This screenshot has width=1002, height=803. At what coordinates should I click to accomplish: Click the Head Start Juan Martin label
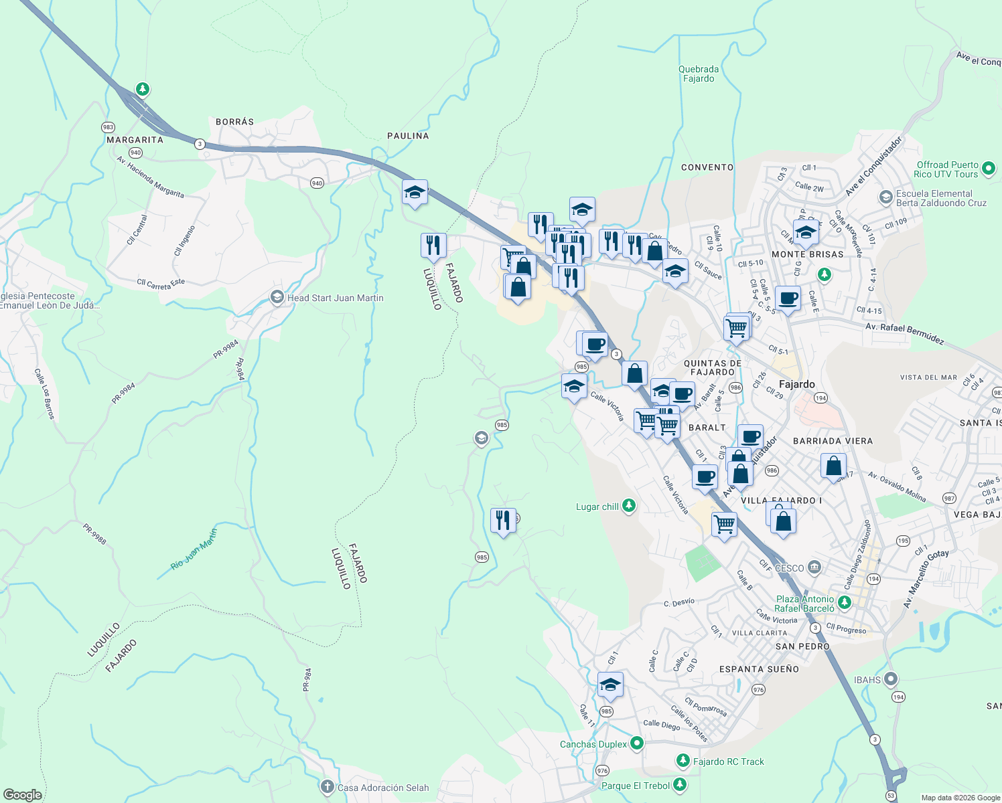pos(335,298)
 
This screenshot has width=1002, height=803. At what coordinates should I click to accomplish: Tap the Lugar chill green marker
pos(628,506)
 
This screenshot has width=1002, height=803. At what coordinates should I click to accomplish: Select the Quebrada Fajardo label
pos(699,74)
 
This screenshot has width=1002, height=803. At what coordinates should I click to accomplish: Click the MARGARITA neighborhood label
pos(135,140)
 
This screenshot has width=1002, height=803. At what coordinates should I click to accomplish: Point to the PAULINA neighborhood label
pos(408,136)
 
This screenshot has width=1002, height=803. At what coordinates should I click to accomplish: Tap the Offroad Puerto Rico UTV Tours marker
pos(989,168)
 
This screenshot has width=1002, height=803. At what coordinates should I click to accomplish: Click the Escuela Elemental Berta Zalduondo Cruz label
pos(941,198)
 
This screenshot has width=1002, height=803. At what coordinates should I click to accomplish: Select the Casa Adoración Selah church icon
pos(327,787)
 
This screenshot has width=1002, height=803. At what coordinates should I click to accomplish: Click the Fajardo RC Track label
pos(728,762)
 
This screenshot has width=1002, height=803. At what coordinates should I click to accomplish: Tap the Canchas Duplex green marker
pos(636,743)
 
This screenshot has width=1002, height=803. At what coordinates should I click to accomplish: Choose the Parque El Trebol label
pos(635,786)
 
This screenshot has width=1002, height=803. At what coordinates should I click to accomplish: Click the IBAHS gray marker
pos(890,679)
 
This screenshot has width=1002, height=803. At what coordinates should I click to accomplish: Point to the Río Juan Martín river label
pos(194,549)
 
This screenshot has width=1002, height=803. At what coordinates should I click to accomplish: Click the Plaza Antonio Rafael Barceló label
pos(804,604)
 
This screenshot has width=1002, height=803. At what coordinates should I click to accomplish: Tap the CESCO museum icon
pos(814,567)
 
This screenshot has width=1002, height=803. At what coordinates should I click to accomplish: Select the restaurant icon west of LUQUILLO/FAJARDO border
pos(433,245)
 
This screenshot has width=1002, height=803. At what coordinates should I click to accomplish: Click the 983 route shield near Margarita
pos(109,127)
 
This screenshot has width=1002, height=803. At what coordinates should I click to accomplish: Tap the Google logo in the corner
pos(23,794)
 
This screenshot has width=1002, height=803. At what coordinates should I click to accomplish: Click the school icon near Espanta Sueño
pos(610,685)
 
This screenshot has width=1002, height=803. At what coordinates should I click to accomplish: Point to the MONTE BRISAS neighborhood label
pos(807,254)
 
